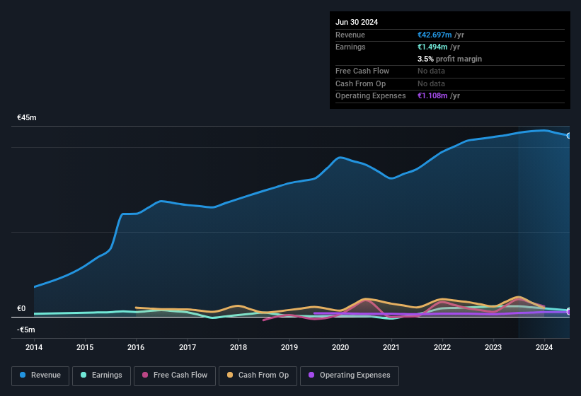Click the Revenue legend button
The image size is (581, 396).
pos(40,375)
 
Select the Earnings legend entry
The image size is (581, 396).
pos(101,375)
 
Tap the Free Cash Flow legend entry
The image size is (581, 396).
pos(175,375)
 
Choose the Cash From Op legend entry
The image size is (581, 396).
pos(258,375)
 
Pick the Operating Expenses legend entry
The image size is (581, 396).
pos(349,375)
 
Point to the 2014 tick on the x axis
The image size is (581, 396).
pos(34,347)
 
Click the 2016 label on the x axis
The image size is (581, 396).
pos(136,347)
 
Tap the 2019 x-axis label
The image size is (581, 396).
pos(289,347)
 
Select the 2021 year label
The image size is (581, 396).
pos(391,347)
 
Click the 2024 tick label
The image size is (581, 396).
pos(544,347)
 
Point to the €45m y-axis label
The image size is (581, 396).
pos(27,117)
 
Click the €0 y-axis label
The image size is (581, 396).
pos(21,308)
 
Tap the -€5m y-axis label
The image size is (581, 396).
pos(26,330)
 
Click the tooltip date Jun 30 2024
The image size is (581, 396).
pos(357,22)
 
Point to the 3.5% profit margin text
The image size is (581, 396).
pos(449,59)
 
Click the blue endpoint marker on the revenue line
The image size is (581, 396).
pos(569,135)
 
